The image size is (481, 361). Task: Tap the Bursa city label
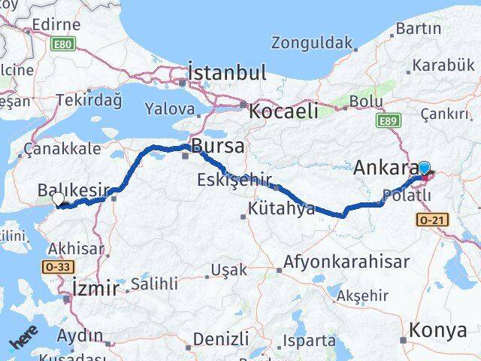tap(218, 146)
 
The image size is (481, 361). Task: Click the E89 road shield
tap(389, 120)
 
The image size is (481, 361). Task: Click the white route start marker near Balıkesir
tap(59, 199)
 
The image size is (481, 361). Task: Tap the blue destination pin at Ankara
tap(424, 168)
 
